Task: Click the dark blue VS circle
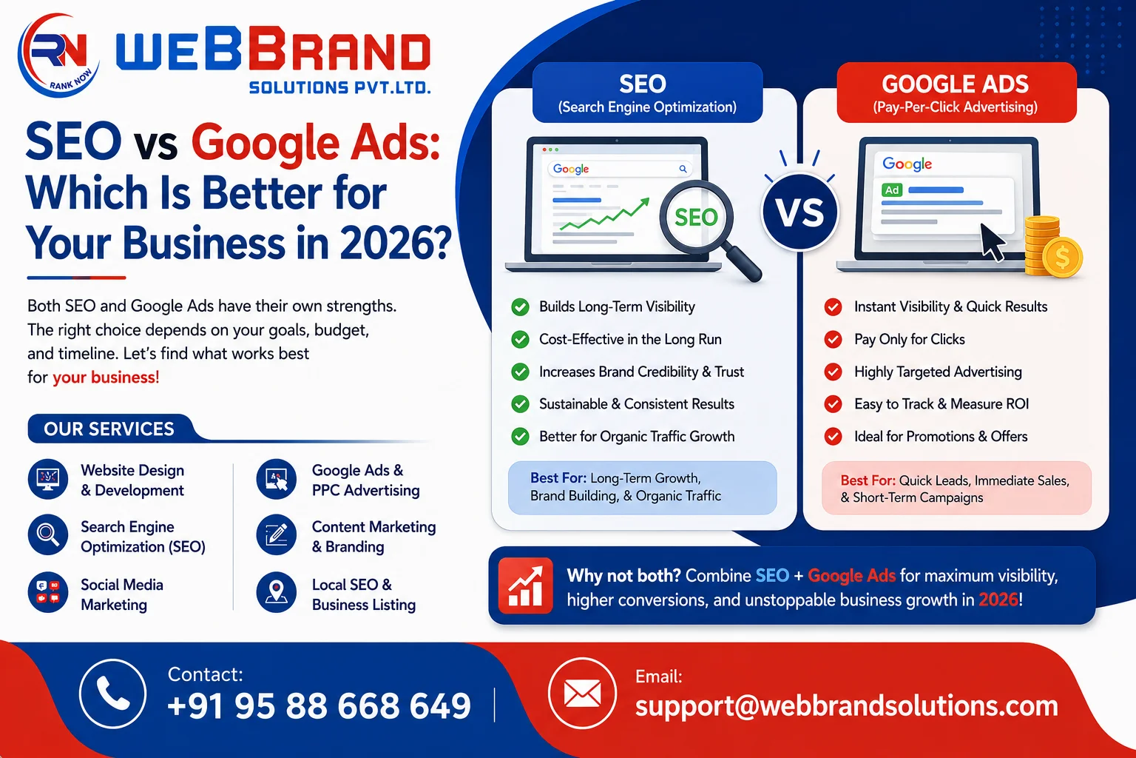coord(799,212)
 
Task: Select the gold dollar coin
coord(1063,258)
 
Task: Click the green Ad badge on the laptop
coord(892,190)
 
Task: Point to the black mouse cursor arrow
coord(992,242)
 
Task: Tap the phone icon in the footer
coord(112,694)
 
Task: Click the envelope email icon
coord(582,694)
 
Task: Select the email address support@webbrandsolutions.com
coord(846,705)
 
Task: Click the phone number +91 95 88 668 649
coord(319,705)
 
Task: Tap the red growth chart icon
coord(525,586)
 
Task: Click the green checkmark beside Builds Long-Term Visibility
coord(520,306)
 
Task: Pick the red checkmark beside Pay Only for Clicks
coord(833,339)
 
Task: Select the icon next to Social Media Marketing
coord(47,592)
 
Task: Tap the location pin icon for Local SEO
coord(276,592)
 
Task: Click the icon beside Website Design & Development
coord(47,479)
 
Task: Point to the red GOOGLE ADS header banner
coord(956,93)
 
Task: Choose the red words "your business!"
coord(106,378)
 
